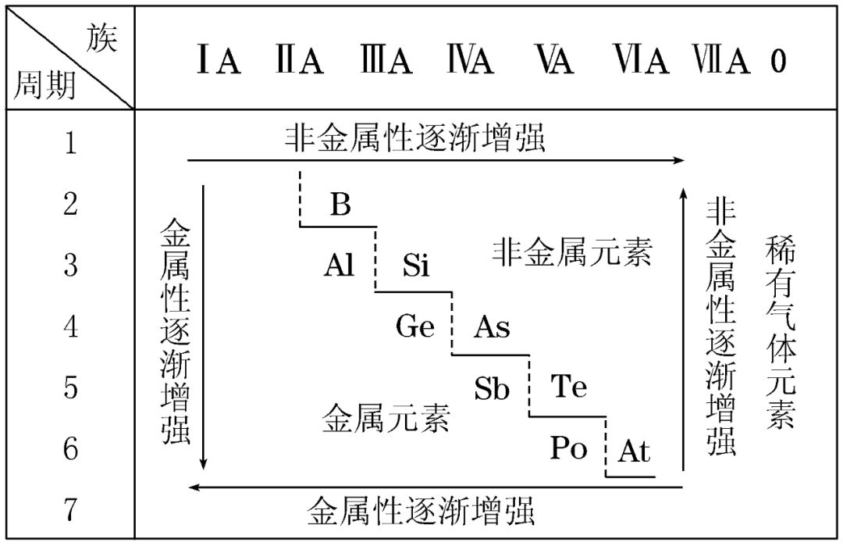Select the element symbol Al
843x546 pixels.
[340, 266]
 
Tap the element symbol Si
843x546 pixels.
[416, 266]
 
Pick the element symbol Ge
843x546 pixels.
[414, 327]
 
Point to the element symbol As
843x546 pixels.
[492, 327]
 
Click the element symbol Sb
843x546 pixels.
[492, 388]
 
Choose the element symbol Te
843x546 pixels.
[568, 387]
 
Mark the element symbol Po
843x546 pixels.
[568, 448]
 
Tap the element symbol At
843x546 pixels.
[633, 451]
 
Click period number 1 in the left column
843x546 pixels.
[71, 144]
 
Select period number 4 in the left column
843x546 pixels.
[71, 327]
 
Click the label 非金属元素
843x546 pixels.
[571, 252]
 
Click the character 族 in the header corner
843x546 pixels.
[102, 37]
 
